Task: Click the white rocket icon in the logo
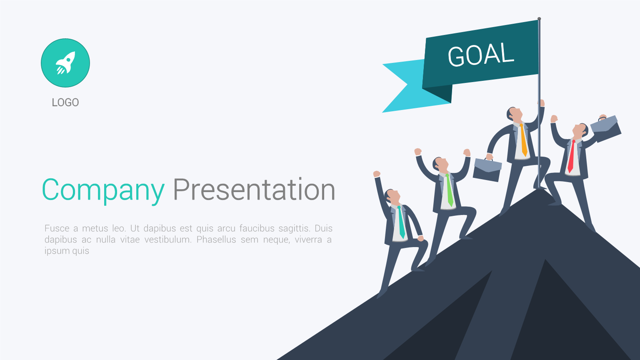click(65, 63)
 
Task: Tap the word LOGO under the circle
click(65, 102)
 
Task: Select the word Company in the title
click(103, 190)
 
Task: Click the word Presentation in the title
click(254, 189)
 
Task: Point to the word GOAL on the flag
click(481, 55)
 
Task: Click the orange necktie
click(523, 140)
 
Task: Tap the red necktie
click(571, 156)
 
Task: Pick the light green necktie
click(450, 190)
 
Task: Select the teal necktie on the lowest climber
click(401, 222)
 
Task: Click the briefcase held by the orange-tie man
click(487, 170)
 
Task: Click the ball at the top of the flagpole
click(539, 19)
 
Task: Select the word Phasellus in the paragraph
click(216, 240)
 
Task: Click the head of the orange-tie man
click(515, 114)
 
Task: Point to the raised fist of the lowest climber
click(377, 174)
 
